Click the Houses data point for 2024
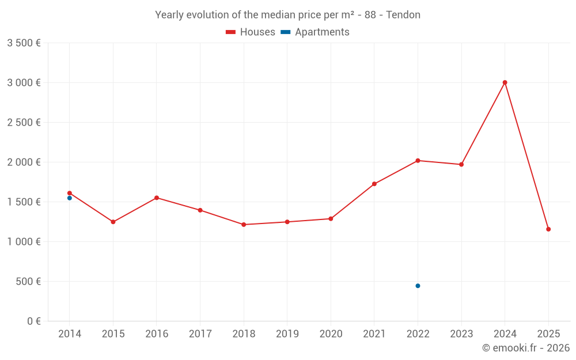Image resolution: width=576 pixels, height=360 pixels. click(x=505, y=82)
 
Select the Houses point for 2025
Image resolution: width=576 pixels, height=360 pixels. click(x=548, y=229)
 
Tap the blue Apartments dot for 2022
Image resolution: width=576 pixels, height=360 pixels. click(x=418, y=286)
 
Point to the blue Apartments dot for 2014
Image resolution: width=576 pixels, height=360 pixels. click(x=69, y=198)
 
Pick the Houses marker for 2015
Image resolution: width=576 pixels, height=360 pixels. click(x=113, y=222)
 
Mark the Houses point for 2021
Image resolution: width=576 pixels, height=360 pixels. click(x=374, y=184)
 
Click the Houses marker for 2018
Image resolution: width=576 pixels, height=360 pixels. click(x=244, y=225)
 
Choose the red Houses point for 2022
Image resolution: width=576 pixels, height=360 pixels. click(x=418, y=160)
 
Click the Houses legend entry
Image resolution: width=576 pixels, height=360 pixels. click(x=251, y=32)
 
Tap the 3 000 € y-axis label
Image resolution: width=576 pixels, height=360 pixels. click(x=24, y=82)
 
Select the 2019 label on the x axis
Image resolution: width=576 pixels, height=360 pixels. click(x=287, y=334)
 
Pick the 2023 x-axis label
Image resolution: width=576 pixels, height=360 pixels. click(x=461, y=334)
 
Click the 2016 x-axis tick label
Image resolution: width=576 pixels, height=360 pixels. click(x=157, y=334)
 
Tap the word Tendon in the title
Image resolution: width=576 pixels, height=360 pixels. click(x=403, y=15)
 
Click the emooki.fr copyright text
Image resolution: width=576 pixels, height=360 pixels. click(x=526, y=348)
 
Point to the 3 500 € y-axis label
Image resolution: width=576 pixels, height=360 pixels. click(x=24, y=43)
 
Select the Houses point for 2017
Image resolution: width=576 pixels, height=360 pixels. click(x=200, y=210)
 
